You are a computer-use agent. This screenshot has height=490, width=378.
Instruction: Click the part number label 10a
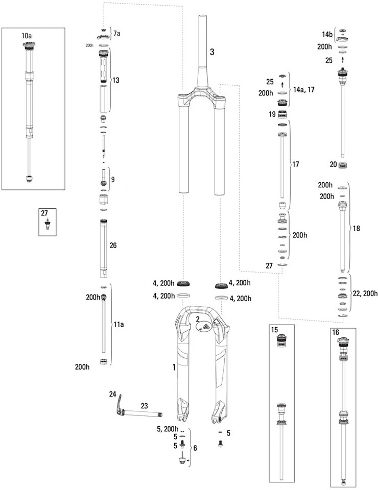coord(26,36)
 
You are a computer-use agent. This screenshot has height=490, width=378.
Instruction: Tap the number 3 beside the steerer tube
coord(212,52)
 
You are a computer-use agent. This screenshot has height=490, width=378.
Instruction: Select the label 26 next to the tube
coord(113,245)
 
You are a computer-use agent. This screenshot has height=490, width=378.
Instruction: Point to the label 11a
coord(118,324)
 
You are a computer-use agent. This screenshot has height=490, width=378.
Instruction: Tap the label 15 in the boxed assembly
coord(274,331)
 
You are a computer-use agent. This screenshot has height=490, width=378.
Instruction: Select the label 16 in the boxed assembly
coord(336,332)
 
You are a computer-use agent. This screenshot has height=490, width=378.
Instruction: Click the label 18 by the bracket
coord(356,228)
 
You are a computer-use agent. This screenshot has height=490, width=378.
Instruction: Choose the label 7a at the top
coord(117,34)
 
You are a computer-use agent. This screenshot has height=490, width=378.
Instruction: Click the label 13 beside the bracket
coord(116,81)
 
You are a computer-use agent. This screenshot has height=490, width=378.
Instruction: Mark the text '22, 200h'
coord(365,293)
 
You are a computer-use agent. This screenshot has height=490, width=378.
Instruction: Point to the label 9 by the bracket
coord(113,179)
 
